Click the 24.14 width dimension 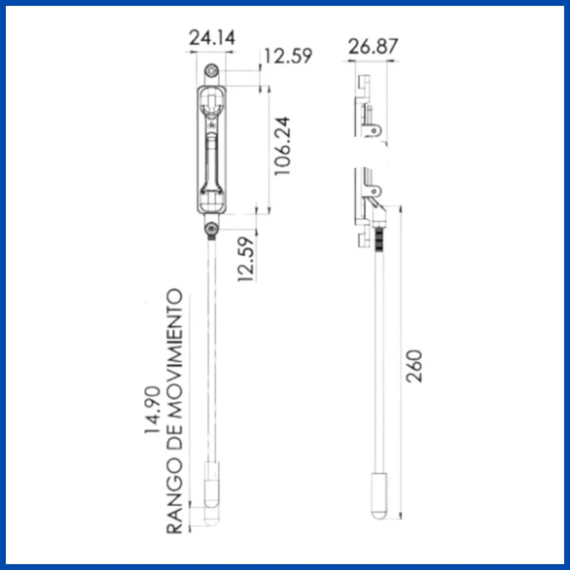click(212, 37)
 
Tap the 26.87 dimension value click(373, 46)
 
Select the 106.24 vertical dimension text click(282, 146)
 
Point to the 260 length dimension click(414, 366)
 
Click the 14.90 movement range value click(152, 409)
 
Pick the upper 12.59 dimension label click(288, 56)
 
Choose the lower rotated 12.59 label click(246, 259)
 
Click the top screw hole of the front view click(212, 70)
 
